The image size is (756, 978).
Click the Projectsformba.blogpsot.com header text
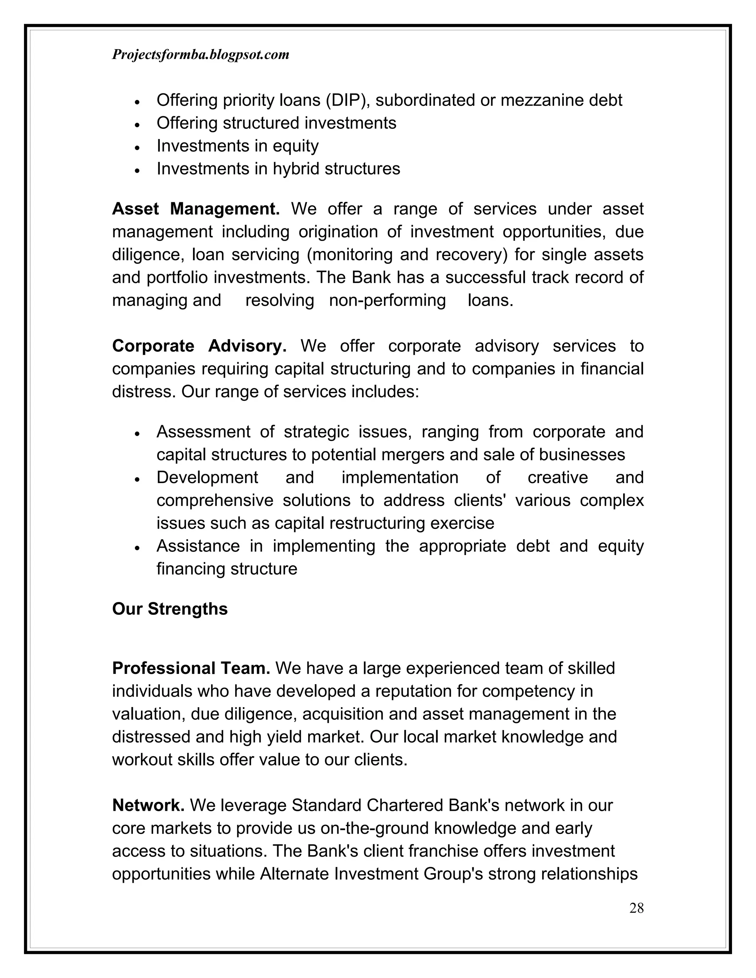200,55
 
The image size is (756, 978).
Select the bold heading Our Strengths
170,609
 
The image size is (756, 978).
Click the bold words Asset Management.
196,209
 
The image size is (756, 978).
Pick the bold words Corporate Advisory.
199,346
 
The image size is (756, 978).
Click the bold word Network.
148,805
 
